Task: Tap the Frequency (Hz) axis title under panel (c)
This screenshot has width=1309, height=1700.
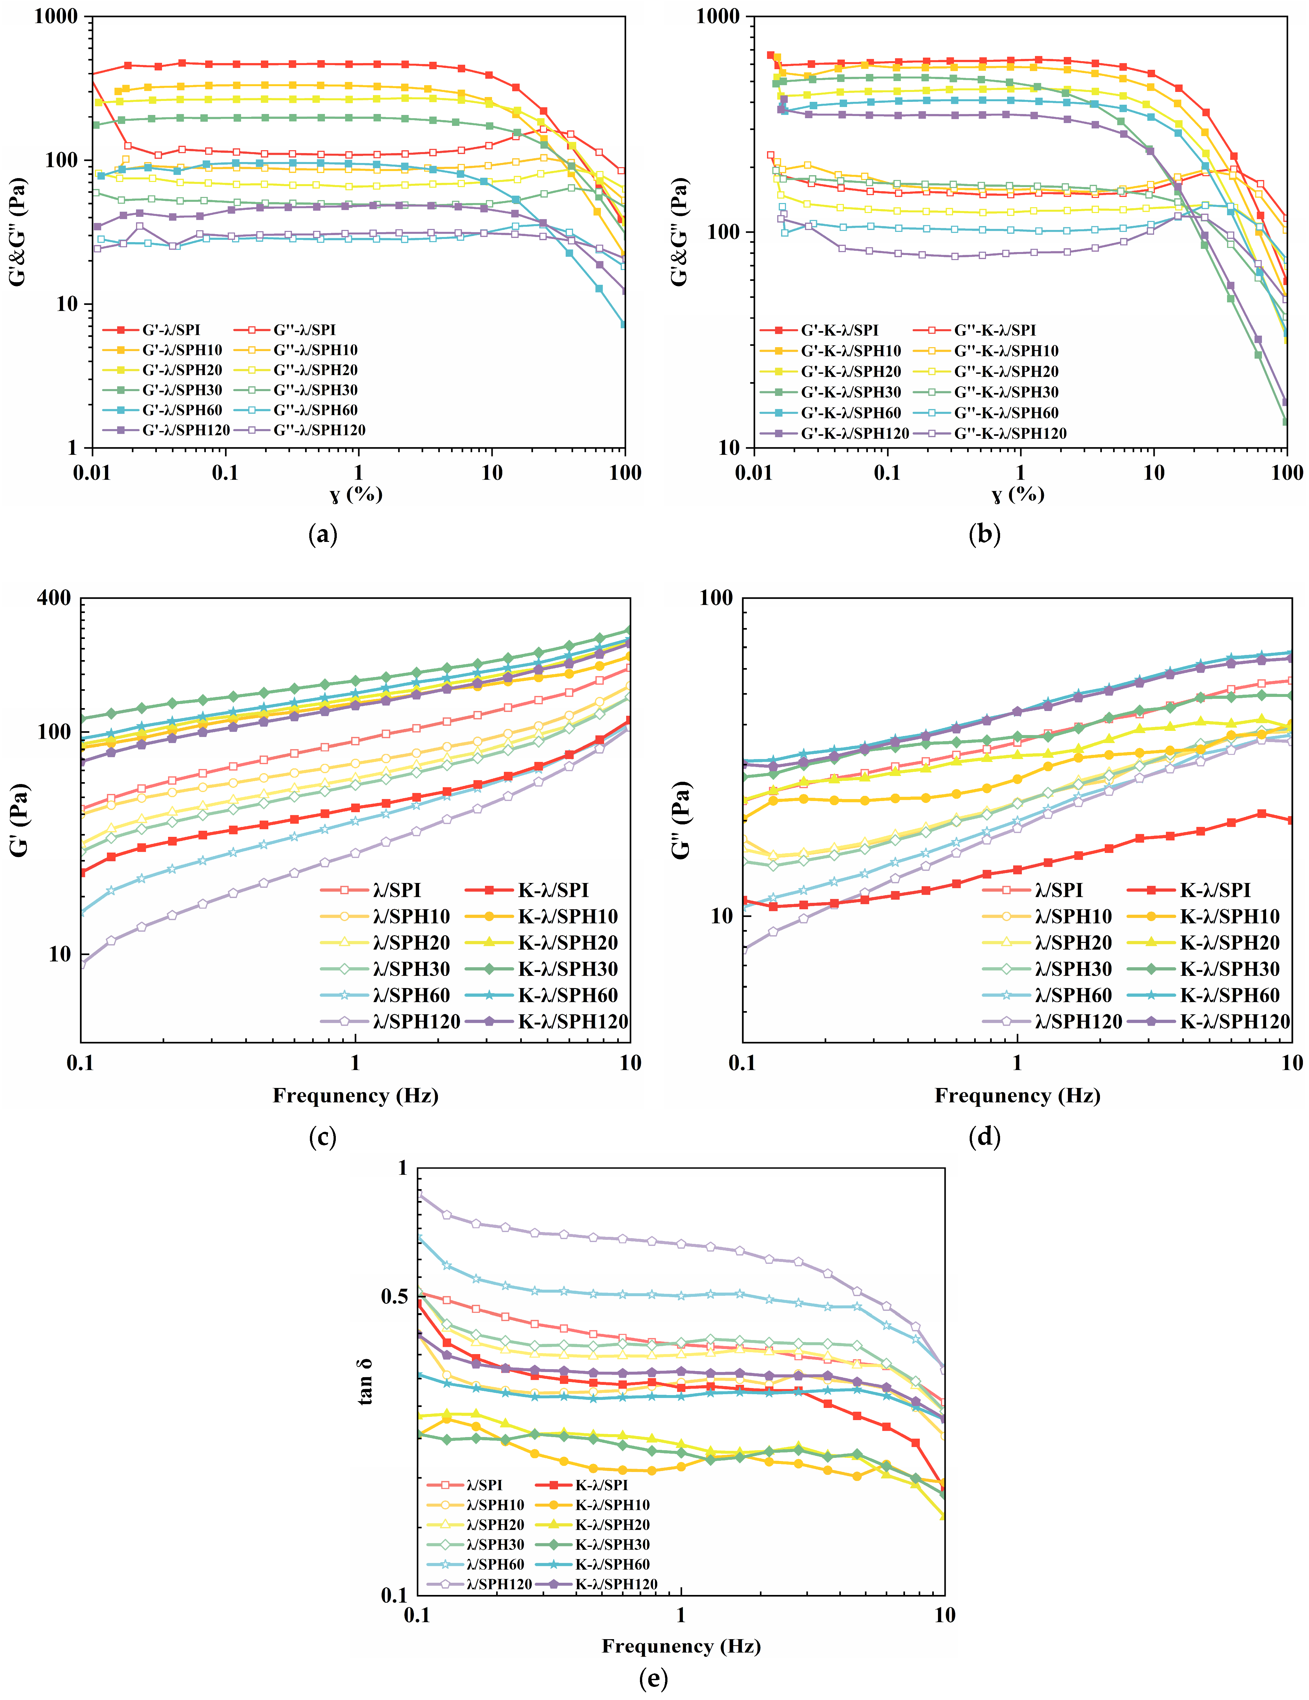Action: tap(356, 1096)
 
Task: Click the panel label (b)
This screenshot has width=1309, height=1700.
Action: tap(984, 534)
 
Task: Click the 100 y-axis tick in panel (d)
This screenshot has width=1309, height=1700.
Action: tap(716, 598)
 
